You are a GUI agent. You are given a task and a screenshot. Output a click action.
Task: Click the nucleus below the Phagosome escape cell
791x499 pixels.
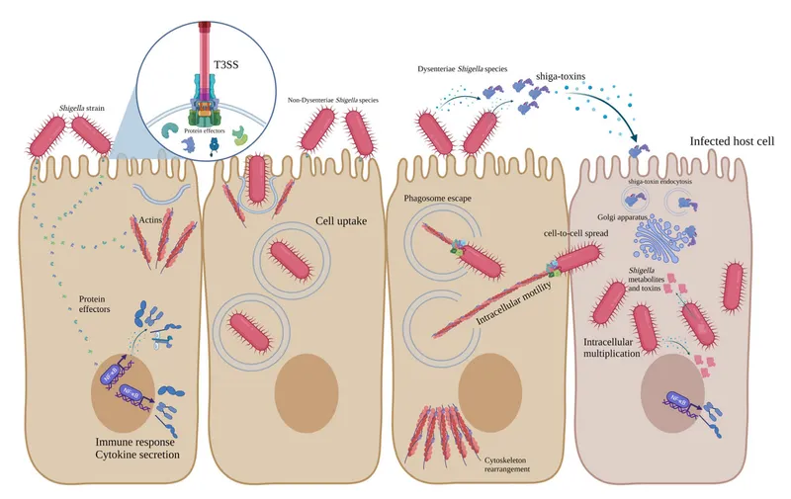click(490, 379)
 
